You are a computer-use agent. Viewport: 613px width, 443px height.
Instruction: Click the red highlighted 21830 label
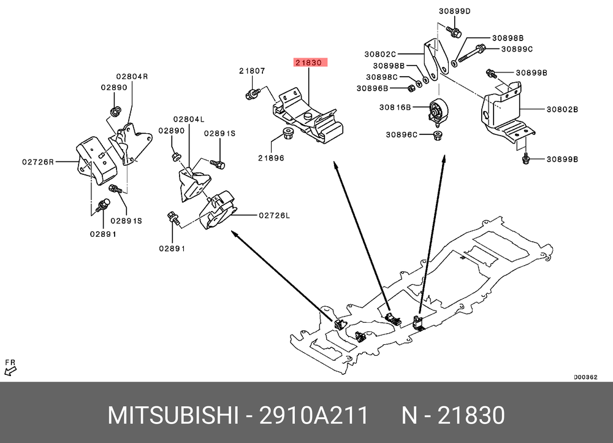pyautogui.click(x=311, y=62)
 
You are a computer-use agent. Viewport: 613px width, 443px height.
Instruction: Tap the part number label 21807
pyautogui.click(x=252, y=71)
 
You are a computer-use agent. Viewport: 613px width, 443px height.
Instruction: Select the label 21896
pyautogui.click(x=270, y=158)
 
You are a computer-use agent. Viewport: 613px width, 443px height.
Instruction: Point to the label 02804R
pyautogui.click(x=132, y=77)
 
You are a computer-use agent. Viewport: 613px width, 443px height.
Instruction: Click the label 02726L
pyautogui.click(x=274, y=215)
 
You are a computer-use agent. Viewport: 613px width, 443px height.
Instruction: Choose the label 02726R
pyautogui.click(x=38, y=163)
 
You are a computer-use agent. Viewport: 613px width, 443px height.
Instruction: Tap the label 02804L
pyautogui.click(x=188, y=119)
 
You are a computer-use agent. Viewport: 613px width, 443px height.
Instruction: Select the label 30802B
pyautogui.click(x=563, y=110)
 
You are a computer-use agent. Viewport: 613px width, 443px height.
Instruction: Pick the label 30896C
pyautogui.click(x=402, y=134)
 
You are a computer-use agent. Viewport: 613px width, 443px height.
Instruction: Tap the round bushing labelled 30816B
pyautogui.click(x=438, y=111)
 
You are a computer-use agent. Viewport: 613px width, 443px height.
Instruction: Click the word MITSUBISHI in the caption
pyautogui.click(x=173, y=416)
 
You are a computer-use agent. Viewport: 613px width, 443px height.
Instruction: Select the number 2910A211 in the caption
pyautogui.click(x=313, y=416)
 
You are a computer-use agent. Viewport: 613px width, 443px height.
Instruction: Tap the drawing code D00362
pyautogui.click(x=585, y=377)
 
